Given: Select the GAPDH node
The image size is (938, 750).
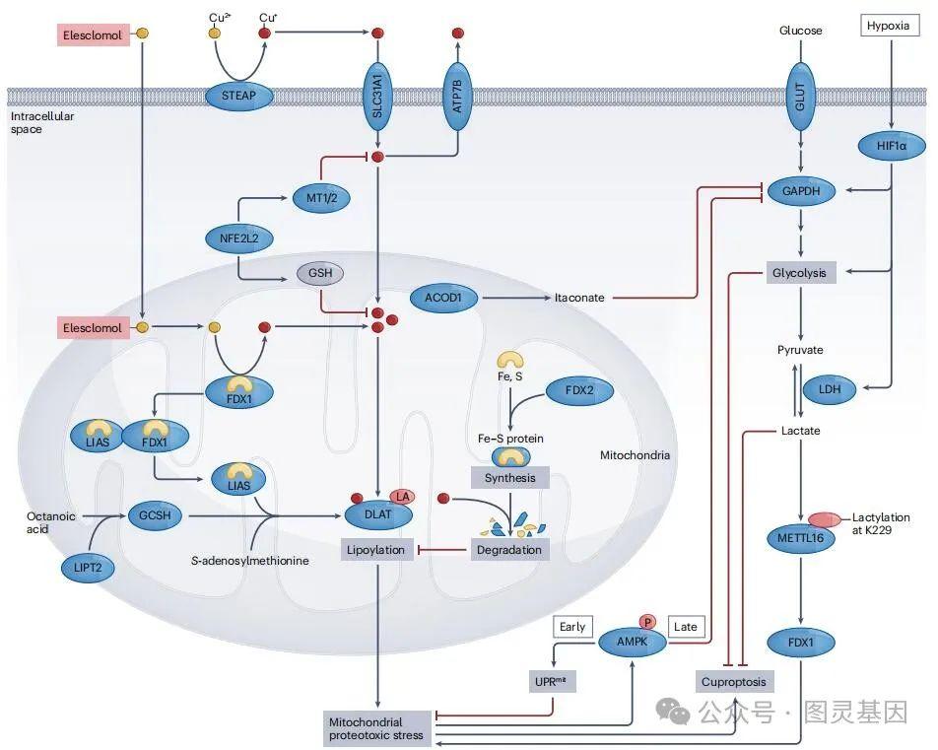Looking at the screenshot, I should point(801,191).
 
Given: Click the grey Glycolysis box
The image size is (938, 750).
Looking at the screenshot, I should point(801,271).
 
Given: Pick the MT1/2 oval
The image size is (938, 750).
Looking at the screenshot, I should point(322,198).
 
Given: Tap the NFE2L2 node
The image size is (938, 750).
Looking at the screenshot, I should point(239,237).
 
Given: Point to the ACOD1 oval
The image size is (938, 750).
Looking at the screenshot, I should point(443,296).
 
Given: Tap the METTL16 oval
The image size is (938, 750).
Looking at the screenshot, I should point(800,539).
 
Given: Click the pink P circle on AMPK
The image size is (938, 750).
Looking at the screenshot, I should point(648,622).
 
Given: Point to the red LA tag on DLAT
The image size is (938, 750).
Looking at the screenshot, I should point(402,496).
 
